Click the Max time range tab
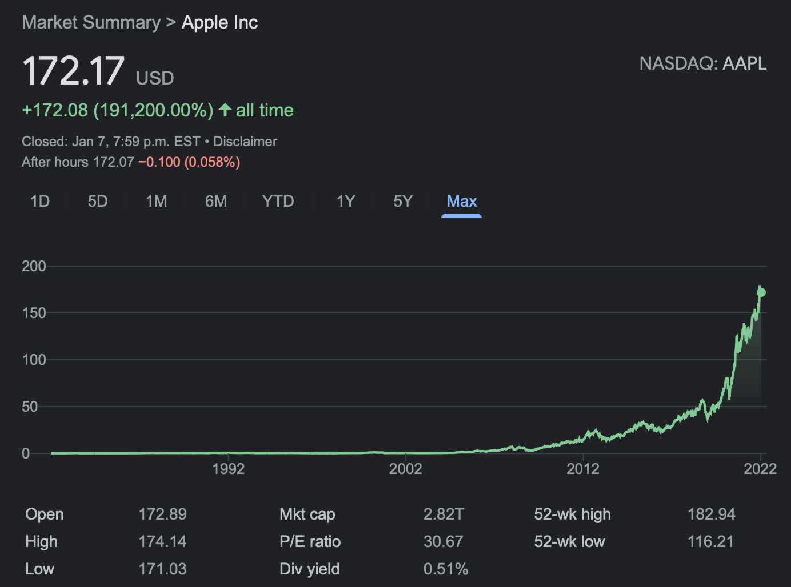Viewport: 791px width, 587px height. pyautogui.click(x=461, y=202)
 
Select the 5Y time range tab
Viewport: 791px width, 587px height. pyautogui.click(x=403, y=202)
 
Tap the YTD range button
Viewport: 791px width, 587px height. pyautogui.click(x=278, y=202)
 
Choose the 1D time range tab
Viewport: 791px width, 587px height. pyautogui.click(x=40, y=202)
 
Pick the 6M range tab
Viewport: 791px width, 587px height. pyautogui.click(x=216, y=202)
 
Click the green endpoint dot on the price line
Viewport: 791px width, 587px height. pyautogui.click(x=761, y=292)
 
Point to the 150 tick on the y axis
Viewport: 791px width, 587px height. pyautogui.click(x=34, y=313)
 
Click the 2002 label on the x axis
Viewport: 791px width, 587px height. pyautogui.click(x=405, y=469)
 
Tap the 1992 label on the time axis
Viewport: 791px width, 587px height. pyautogui.click(x=228, y=469)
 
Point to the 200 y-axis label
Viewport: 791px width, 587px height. pyautogui.click(x=34, y=266)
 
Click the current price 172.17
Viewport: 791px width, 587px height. pyautogui.click(x=73, y=71)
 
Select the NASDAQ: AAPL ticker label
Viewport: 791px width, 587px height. pyautogui.click(x=702, y=63)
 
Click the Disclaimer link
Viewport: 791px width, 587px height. pyautogui.click(x=245, y=142)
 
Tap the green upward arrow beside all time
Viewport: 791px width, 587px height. pyautogui.click(x=225, y=110)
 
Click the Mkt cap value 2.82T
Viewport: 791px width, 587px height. pyautogui.click(x=443, y=514)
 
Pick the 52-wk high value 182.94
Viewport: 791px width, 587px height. pyautogui.click(x=711, y=514)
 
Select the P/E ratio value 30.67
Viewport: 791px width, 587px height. pyautogui.click(x=443, y=541)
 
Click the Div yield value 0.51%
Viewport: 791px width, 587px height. pyautogui.click(x=445, y=569)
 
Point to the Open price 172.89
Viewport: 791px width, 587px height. pyautogui.click(x=162, y=514)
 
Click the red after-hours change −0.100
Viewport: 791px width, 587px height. pyautogui.click(x=159, y=162)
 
